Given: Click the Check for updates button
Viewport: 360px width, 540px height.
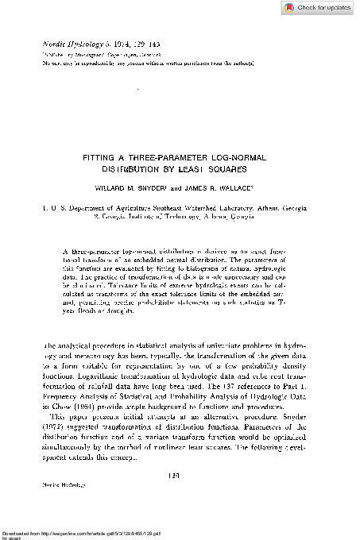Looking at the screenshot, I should [x=320, y=8].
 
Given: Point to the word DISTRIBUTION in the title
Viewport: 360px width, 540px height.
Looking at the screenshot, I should [x=148, y=168].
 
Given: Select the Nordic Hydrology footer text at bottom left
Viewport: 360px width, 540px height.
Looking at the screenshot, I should [x=56, y=482].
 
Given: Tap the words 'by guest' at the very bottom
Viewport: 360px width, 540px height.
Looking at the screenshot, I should [x=14, y=537].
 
